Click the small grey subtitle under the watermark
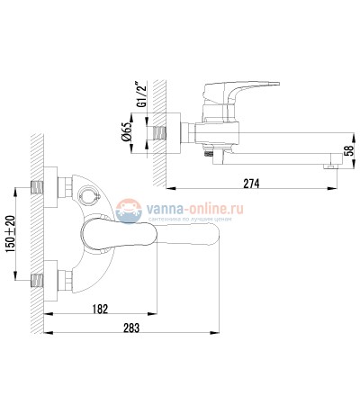pos(196,219)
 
